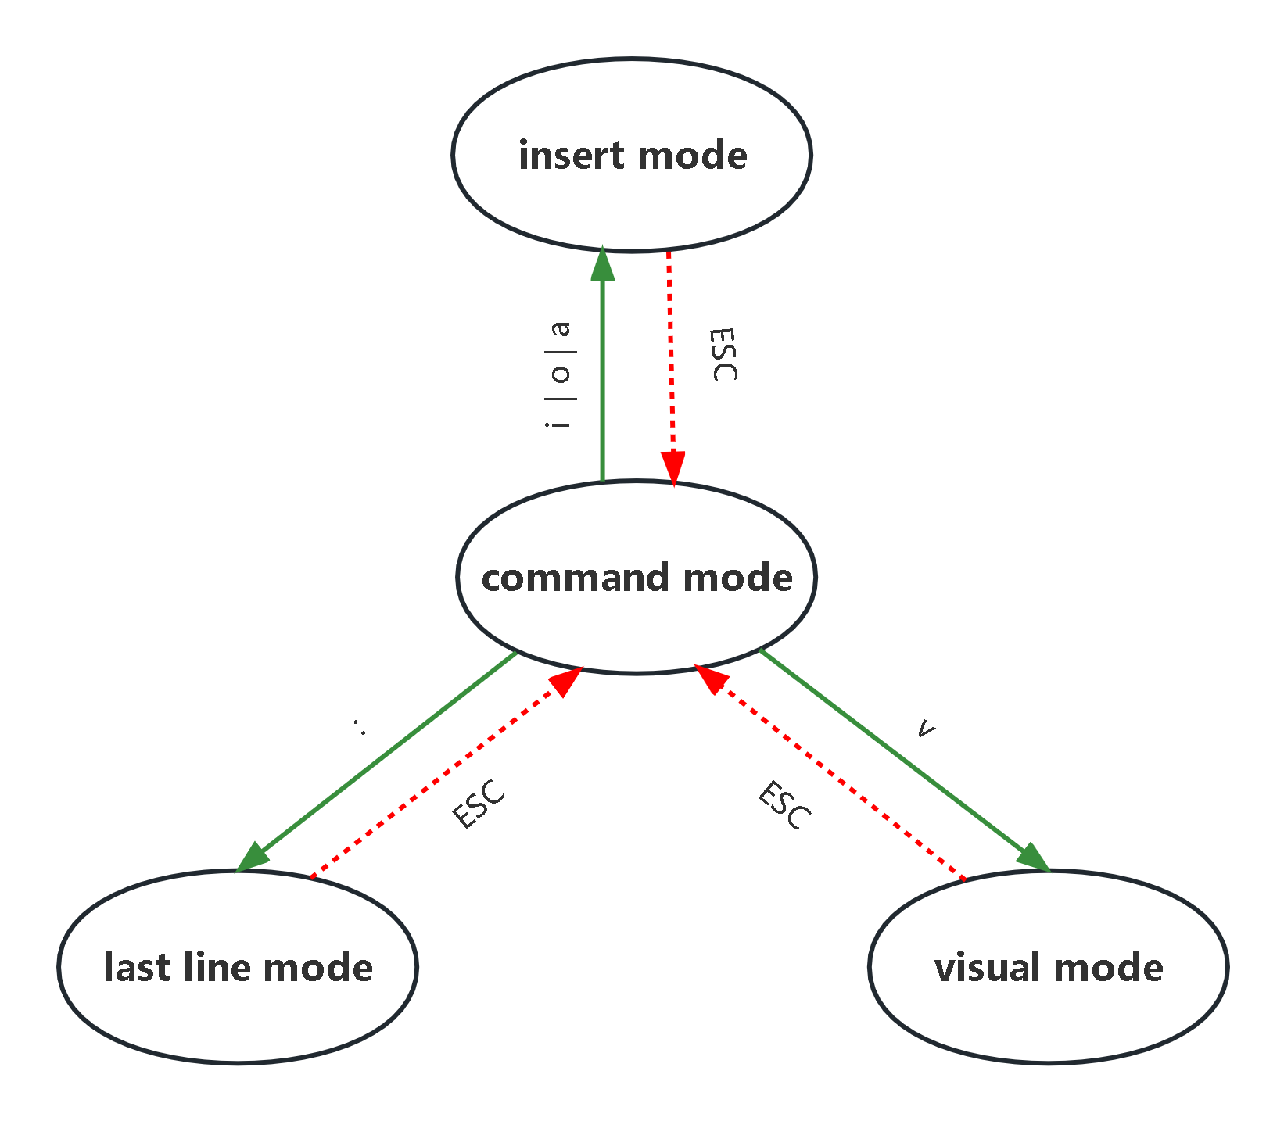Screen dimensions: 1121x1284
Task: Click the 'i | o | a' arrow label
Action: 558,375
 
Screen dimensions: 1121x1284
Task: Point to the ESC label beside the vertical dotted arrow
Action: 723,355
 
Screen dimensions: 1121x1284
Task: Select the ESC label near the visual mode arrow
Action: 784,805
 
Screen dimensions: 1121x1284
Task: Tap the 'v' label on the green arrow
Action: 925,729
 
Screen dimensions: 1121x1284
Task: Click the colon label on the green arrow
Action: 360,727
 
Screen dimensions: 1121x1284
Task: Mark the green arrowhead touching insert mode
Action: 602,264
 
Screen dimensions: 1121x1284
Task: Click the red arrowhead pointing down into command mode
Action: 672,467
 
